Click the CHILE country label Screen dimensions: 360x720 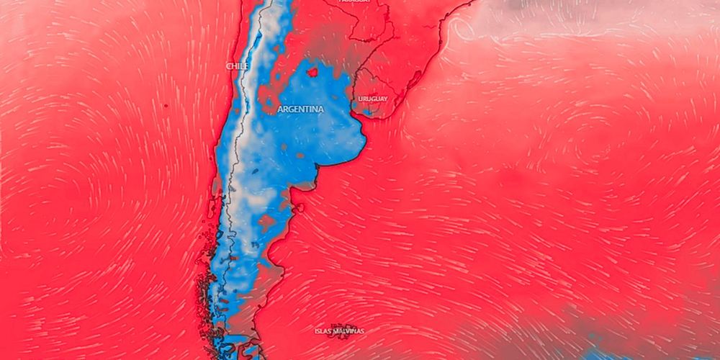[x=238, y=66]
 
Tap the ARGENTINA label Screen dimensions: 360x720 [x=300, y=109]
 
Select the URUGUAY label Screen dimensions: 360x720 [x=372, y=99]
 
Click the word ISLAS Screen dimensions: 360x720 [x=324, y=331]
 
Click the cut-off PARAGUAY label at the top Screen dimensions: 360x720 [x=354, y=2]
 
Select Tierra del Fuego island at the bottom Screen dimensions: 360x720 [x=241, y=351]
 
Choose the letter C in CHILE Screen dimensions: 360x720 [x=229, y=66]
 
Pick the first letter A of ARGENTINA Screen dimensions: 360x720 [x=280, y=109]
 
